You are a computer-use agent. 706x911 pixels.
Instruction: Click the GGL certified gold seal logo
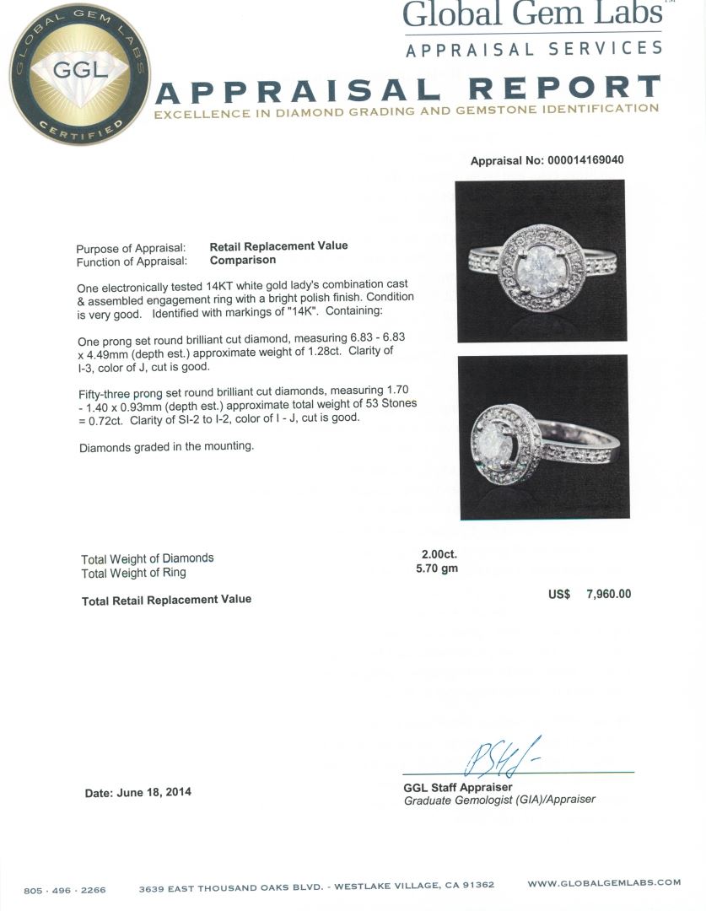[x=79, y=73]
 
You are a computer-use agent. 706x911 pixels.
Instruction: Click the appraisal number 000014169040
[x=582, y=160]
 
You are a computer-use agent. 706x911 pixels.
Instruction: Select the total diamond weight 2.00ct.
[x=439, y=554]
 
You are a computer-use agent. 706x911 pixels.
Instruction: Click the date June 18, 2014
[x=137, y=792]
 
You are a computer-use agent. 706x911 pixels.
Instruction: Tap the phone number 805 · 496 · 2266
[x=64, y=889]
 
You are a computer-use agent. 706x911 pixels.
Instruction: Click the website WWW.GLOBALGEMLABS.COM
[x=604, y=883]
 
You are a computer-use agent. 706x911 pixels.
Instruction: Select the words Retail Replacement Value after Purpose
[x=278, y=245]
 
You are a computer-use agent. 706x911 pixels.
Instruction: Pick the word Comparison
[x=243, y=260]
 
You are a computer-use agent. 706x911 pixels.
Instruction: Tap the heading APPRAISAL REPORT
[x=408, y=89]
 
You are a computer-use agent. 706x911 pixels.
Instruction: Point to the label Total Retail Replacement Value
[x=166, y=599]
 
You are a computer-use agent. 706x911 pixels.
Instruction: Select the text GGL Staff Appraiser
[x=457, y=787]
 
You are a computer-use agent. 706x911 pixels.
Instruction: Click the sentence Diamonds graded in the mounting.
[x=166, y=446]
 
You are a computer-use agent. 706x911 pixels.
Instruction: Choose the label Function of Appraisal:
[x=131, y=261]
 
